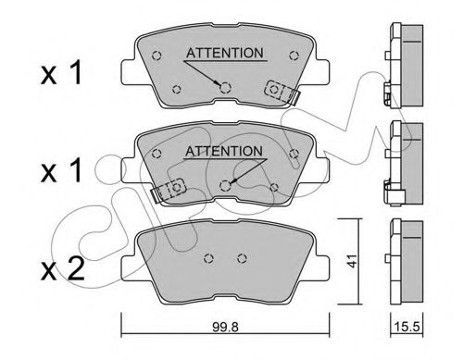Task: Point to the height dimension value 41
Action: [350, 261]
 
